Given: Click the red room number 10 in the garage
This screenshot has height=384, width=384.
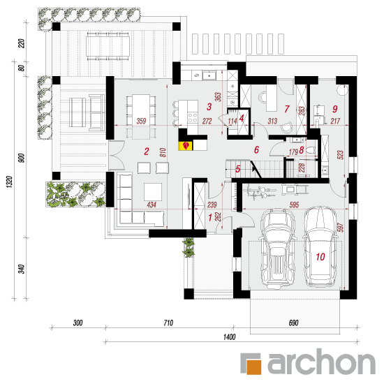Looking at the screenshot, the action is pos(320,257).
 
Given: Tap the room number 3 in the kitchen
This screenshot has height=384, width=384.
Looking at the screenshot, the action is pos(209,107).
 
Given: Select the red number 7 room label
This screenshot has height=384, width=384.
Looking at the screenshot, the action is pos(287,109).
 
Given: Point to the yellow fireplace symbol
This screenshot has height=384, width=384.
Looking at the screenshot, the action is pos(186,146).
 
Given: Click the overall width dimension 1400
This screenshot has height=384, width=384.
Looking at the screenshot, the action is pos(229,337).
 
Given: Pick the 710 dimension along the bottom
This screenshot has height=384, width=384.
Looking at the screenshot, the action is pos(168,323).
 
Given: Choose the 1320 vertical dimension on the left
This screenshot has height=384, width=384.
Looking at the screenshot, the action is pos(9,182).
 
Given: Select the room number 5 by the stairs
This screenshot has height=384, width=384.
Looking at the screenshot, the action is pos(238,169).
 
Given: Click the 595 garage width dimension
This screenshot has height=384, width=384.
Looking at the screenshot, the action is pos(294,205).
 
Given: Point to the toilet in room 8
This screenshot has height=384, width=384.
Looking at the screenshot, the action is pos(311,149).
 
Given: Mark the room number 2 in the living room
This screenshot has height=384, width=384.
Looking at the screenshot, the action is pos(147,152).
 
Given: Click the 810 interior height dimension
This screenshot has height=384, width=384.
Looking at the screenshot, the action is pos(163,153).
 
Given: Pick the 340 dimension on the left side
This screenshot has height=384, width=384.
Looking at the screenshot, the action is pos(22,269).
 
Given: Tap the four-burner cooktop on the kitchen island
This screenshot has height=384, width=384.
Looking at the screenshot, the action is pos(193,117).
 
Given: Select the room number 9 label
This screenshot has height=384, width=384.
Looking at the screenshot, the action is pos(334,109).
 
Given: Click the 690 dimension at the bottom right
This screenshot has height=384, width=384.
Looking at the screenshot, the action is pos(293,323).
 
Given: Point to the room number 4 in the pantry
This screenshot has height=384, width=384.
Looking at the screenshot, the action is pos(242,119).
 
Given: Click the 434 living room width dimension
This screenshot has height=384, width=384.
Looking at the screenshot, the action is pos(152,205).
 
